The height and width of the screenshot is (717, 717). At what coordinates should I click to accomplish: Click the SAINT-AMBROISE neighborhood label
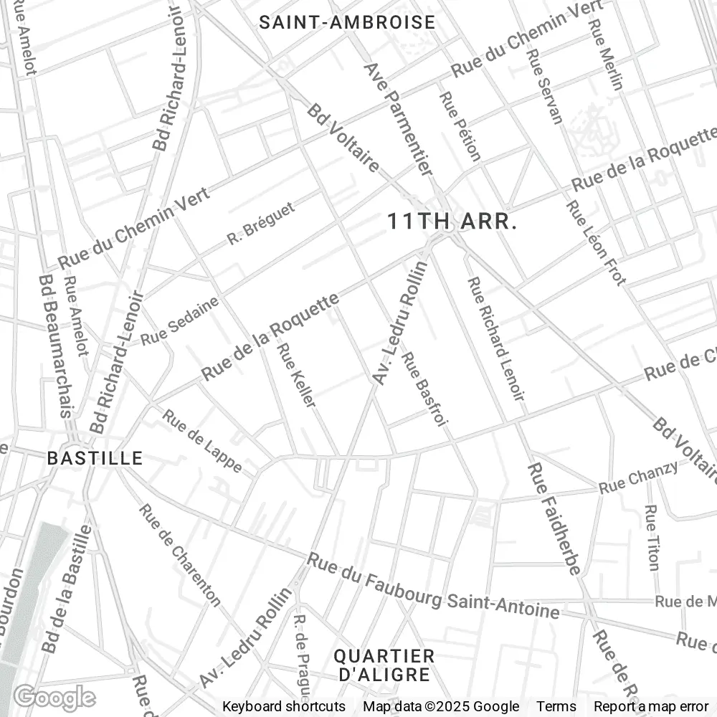pos(347,22)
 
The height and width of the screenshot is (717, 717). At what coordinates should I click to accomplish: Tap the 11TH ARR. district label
pos(452,222)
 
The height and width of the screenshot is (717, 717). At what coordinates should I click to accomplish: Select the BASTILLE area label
pos(95,458)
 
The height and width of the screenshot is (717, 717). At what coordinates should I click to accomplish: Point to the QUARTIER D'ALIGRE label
pos(385,665)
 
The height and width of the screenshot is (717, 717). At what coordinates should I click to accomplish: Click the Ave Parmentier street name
pos(399,119)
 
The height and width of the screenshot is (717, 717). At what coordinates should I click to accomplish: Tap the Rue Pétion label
pos(460,125)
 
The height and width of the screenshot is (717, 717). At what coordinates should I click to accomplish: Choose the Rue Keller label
pos(297,375)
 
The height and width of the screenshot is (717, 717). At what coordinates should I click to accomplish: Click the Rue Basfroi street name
pos(424,390)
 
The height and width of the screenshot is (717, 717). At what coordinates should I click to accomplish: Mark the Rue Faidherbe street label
pos(554,518)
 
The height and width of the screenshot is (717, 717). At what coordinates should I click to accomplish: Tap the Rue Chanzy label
pos(638,478)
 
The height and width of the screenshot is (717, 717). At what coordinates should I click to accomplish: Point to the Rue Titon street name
pos(651,538)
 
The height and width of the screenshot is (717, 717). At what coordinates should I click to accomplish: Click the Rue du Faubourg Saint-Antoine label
pos(433,586)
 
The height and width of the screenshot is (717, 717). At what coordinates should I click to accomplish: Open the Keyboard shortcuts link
pos(284,706)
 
